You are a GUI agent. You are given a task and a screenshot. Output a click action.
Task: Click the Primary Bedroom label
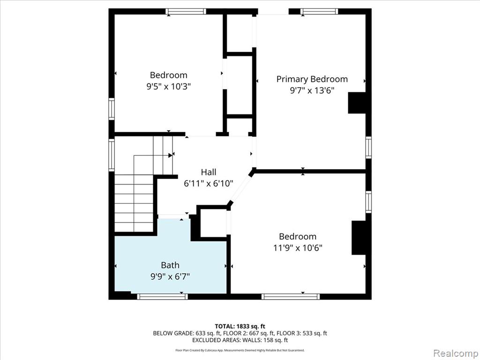point(312,79)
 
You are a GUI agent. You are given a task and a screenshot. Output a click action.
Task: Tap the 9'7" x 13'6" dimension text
point(312,90)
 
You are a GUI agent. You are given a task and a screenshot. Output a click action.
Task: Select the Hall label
point(209,172)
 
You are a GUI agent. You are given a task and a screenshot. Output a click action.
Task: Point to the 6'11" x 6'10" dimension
point(209,184)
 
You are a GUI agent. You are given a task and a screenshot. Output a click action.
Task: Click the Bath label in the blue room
point(170,265)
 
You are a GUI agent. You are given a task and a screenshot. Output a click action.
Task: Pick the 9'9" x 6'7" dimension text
point(170,277)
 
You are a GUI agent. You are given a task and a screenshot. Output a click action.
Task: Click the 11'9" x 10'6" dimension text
point(298,247)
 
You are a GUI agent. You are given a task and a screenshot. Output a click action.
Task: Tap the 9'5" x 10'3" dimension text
point(169,87)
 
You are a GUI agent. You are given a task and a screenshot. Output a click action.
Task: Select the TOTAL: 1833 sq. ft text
point(240,326)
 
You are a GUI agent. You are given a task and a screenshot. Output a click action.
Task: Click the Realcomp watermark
point(456,353)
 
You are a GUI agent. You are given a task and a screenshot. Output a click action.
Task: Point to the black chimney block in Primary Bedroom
point(357,103)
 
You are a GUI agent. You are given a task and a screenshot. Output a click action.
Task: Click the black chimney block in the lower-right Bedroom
point(359,238)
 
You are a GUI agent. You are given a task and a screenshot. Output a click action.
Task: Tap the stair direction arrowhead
point(170,155)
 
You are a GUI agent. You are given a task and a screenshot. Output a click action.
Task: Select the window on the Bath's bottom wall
point(162,296)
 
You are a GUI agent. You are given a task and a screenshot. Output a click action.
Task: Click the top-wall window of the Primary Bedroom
point(319,12)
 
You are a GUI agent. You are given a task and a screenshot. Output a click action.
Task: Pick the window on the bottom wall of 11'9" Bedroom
point(291,296)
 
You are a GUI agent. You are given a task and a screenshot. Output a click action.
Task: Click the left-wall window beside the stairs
point(112,155)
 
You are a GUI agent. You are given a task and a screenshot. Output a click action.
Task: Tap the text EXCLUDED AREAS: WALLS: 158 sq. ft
point(240,340)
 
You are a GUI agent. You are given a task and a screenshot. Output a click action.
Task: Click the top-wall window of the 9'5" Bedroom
point(186,12)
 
